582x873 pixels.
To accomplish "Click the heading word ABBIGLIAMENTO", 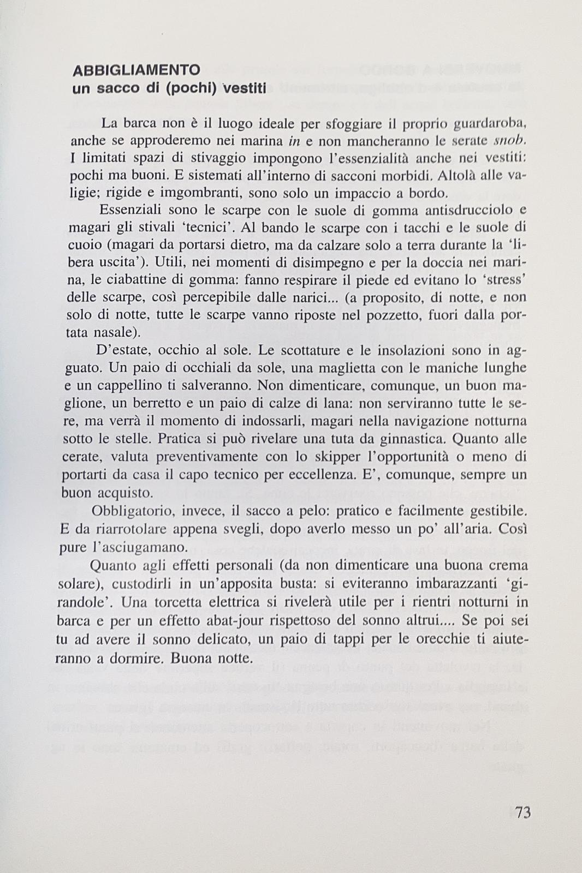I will tap(136, 70).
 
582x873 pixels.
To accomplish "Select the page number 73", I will tap(522, 812).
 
